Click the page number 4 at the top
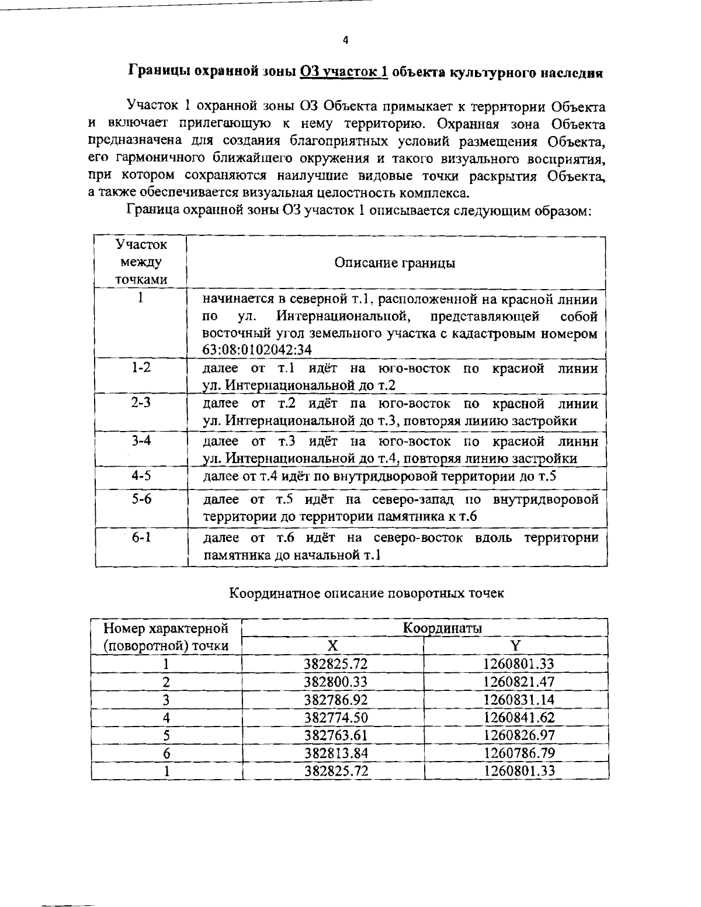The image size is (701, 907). pyautogui.click(x=346, y=40)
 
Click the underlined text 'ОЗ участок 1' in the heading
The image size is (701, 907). pyautogui.click(x=344, y=72)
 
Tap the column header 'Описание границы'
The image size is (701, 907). pyautogui.click(x=395, y=263)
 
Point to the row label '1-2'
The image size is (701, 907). pyautogui.click(x=141, y=368)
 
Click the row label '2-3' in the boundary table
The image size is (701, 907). pyautogui.click(x=141, y=403)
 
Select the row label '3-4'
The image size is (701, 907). pyautogui.click(x=141, y=440)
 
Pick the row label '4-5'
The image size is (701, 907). pyautogui.click(x=141, y=476)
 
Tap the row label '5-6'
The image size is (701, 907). pyautogui.click(x=141, y=500)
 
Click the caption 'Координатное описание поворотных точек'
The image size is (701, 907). pyautogui.click(x=366, y=593)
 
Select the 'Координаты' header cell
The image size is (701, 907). pyautogui.click(x=442, y=628)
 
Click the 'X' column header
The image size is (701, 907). pyautogui.click(x=332, y=646)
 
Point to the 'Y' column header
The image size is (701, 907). pyautogui.click(x=515, y=646)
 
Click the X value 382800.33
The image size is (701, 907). pyautogui.click(x=336, y=682)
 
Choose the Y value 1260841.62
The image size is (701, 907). pyautogui.click(x=519, y=717)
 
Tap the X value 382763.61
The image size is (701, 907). pyautogui.click(x=336, y=735)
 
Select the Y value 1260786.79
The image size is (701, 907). pyautogui.click(x=519, y=753)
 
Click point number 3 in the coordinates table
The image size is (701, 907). pyautogui.click(x=166, y=700)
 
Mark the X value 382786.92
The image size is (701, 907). pyautogui.click(x=336, y=700)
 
